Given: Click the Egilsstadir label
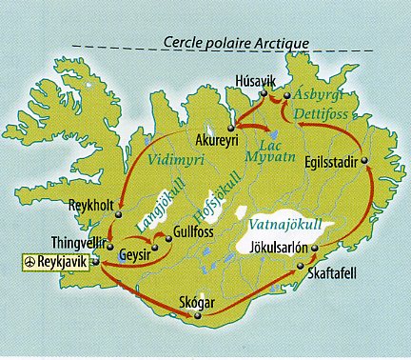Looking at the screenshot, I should pos(329,163).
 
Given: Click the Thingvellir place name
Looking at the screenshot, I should pos(78,242).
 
